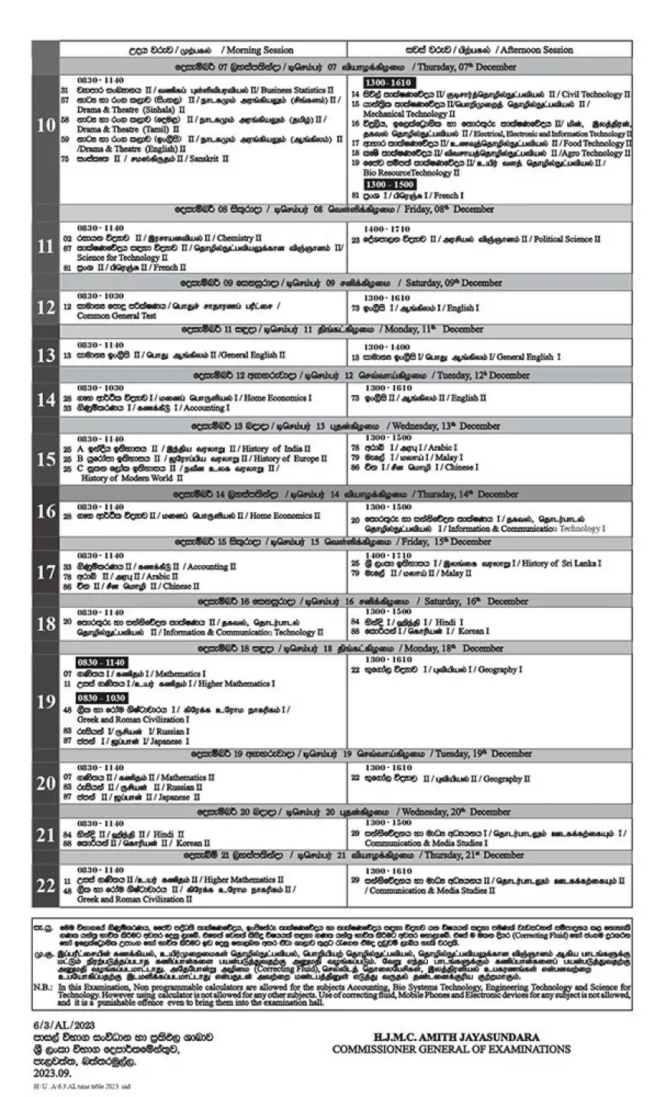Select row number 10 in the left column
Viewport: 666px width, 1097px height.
(x=45, y=125)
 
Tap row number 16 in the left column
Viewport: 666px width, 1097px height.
(x=45, y=511)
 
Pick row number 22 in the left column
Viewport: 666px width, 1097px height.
(x=45, y=885)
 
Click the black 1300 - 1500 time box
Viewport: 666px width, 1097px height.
(x=390, y=184)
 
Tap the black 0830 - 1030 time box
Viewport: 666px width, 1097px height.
(x=101, y=699)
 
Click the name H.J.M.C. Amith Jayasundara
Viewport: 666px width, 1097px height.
(x=450, y=1036)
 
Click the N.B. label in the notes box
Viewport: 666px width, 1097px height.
(x=43, y=987)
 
